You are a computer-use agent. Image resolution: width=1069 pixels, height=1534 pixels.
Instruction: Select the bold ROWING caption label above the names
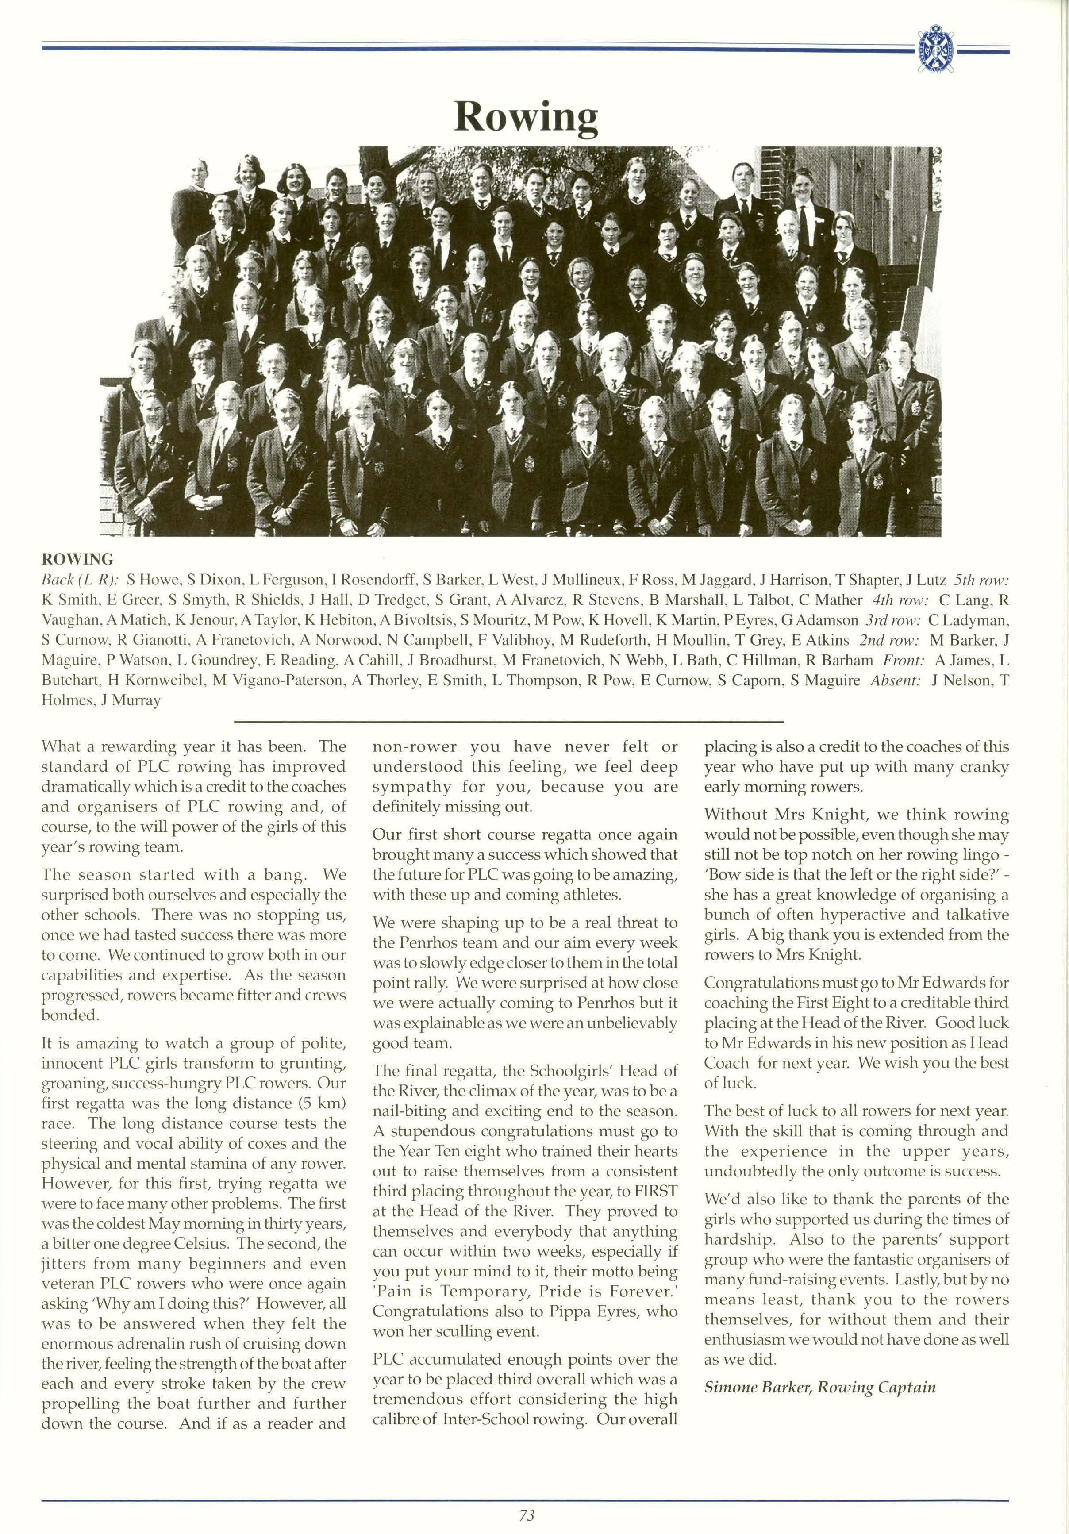click(77, 558)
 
